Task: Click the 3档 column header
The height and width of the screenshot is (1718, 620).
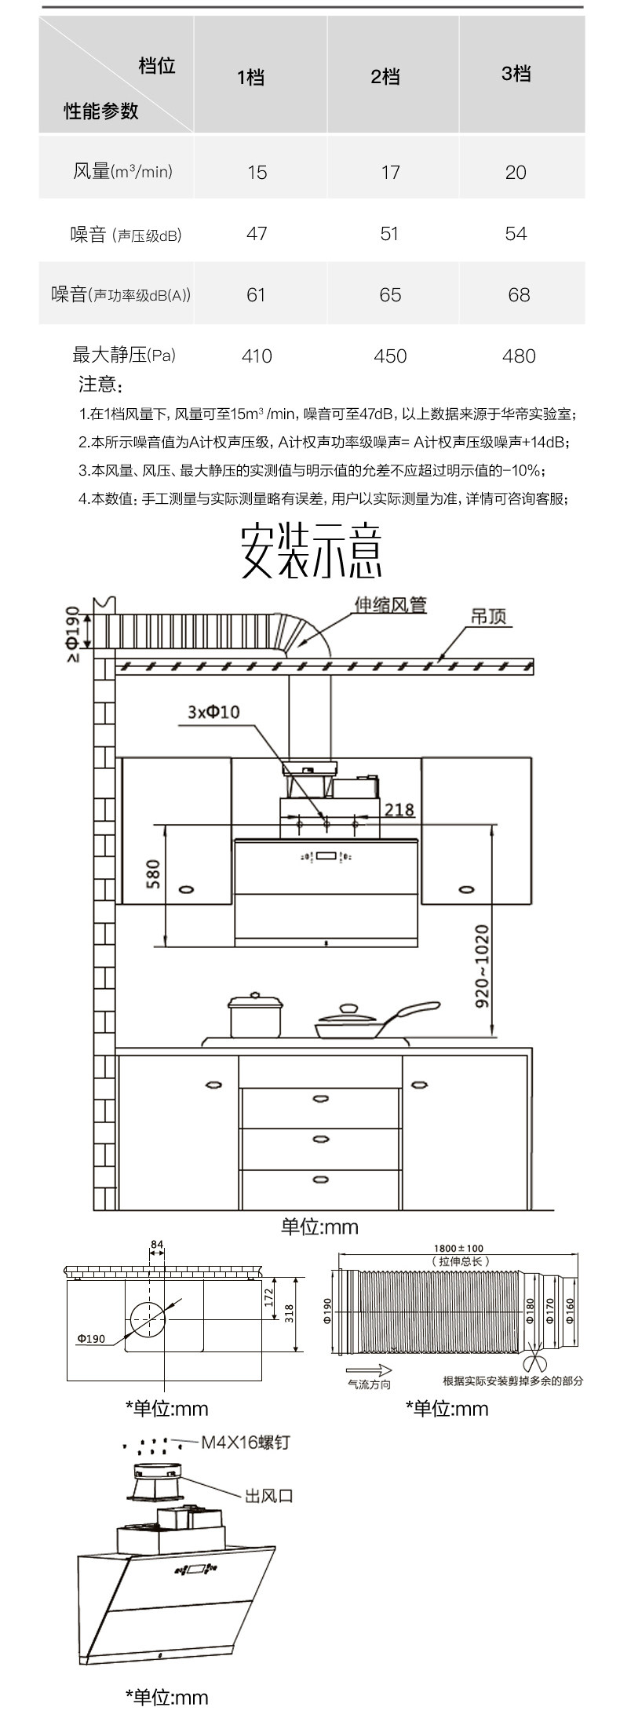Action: point(516,74)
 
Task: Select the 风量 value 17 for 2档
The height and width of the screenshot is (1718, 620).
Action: point(390,172)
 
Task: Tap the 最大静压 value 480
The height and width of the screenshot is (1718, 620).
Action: point(518,356)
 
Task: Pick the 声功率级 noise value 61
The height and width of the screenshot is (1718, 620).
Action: point(256,295)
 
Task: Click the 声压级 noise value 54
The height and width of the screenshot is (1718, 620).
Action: point(516,234)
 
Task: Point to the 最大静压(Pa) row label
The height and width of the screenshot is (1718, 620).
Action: point(124,356)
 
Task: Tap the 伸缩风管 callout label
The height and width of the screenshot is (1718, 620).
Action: point(390,605)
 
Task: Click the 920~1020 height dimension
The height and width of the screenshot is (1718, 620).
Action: point(481,967)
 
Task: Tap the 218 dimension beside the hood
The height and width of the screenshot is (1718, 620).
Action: point(399,809)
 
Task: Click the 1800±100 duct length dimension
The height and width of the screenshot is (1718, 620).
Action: point(459,1248)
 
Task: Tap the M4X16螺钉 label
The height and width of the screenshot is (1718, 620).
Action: point(246,1443)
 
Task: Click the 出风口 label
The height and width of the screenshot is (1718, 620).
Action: point(268,1496)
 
